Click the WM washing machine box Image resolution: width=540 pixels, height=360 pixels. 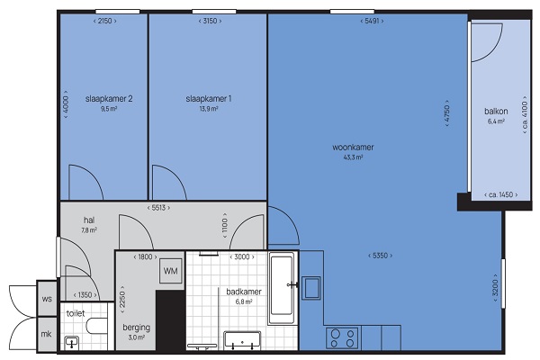pyautogui.click(x=170, y=271)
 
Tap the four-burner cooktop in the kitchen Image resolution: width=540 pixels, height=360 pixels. pyautogui.click(x=342, y=338)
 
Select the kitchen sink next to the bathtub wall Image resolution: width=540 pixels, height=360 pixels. pyautogui.click(x=311, y=288)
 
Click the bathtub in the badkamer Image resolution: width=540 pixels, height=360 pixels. pyautogui.click(x=282, y=288)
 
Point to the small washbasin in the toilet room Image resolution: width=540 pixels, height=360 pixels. pyautogui.click(x=72, y=343)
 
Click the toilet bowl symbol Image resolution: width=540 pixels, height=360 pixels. pyautogui.click(x=97, y=326)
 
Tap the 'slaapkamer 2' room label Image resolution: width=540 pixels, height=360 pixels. pyautogui.click(x=109, y=99)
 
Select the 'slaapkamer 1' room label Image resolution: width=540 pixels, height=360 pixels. pyautogui.click(x=209, y=99)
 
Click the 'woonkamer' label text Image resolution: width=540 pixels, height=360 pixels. pyautogui.click(x=353, y=148)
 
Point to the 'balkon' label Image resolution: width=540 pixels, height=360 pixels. pyautogui.click(x=496, y=112)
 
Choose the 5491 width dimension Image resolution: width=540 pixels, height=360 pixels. pyautogui.click(x=372, y=21)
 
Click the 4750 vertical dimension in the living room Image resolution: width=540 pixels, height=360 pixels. pyautogui.click(x=447, y=113)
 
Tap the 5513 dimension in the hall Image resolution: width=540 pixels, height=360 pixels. pyautogui.click(x=158, y=208)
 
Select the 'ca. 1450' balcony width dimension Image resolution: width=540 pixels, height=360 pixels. pyautogui.click(x=501, y=194)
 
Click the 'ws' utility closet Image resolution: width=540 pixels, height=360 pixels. pyautogui.click(x=47, y=298)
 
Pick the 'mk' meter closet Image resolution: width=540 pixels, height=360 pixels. pyautogui.click(x=47, y=334)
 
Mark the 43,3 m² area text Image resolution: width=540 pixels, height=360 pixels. pyautogui.click(x=353, y=157)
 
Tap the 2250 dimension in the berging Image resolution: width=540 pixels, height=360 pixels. pyautogui.click(x=122, y=300)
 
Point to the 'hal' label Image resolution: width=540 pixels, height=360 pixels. pyautogui.click(x=89, y=220)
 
